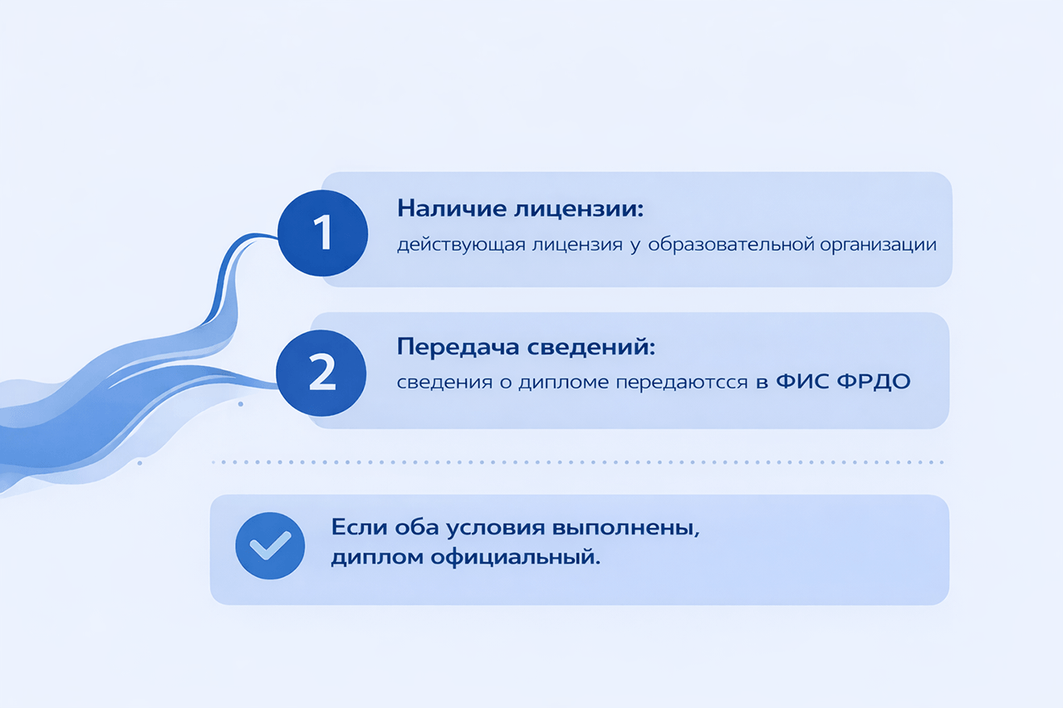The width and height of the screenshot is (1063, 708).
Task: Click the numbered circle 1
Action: coord(323,233)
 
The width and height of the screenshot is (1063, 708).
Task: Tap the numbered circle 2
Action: coord(321,373)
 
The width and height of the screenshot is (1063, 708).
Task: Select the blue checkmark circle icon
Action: coord(270,545)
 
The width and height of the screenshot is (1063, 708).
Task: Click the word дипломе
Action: coord(563,382)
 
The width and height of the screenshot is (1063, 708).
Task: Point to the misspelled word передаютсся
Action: coord(682,382)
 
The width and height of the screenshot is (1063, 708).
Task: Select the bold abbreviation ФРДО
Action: coord(874,382)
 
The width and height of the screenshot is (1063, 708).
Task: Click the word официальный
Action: coord(516,557)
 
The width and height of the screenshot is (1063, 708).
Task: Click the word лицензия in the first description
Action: coord(577,245)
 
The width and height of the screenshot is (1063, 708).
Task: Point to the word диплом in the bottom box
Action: coord(377,558)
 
